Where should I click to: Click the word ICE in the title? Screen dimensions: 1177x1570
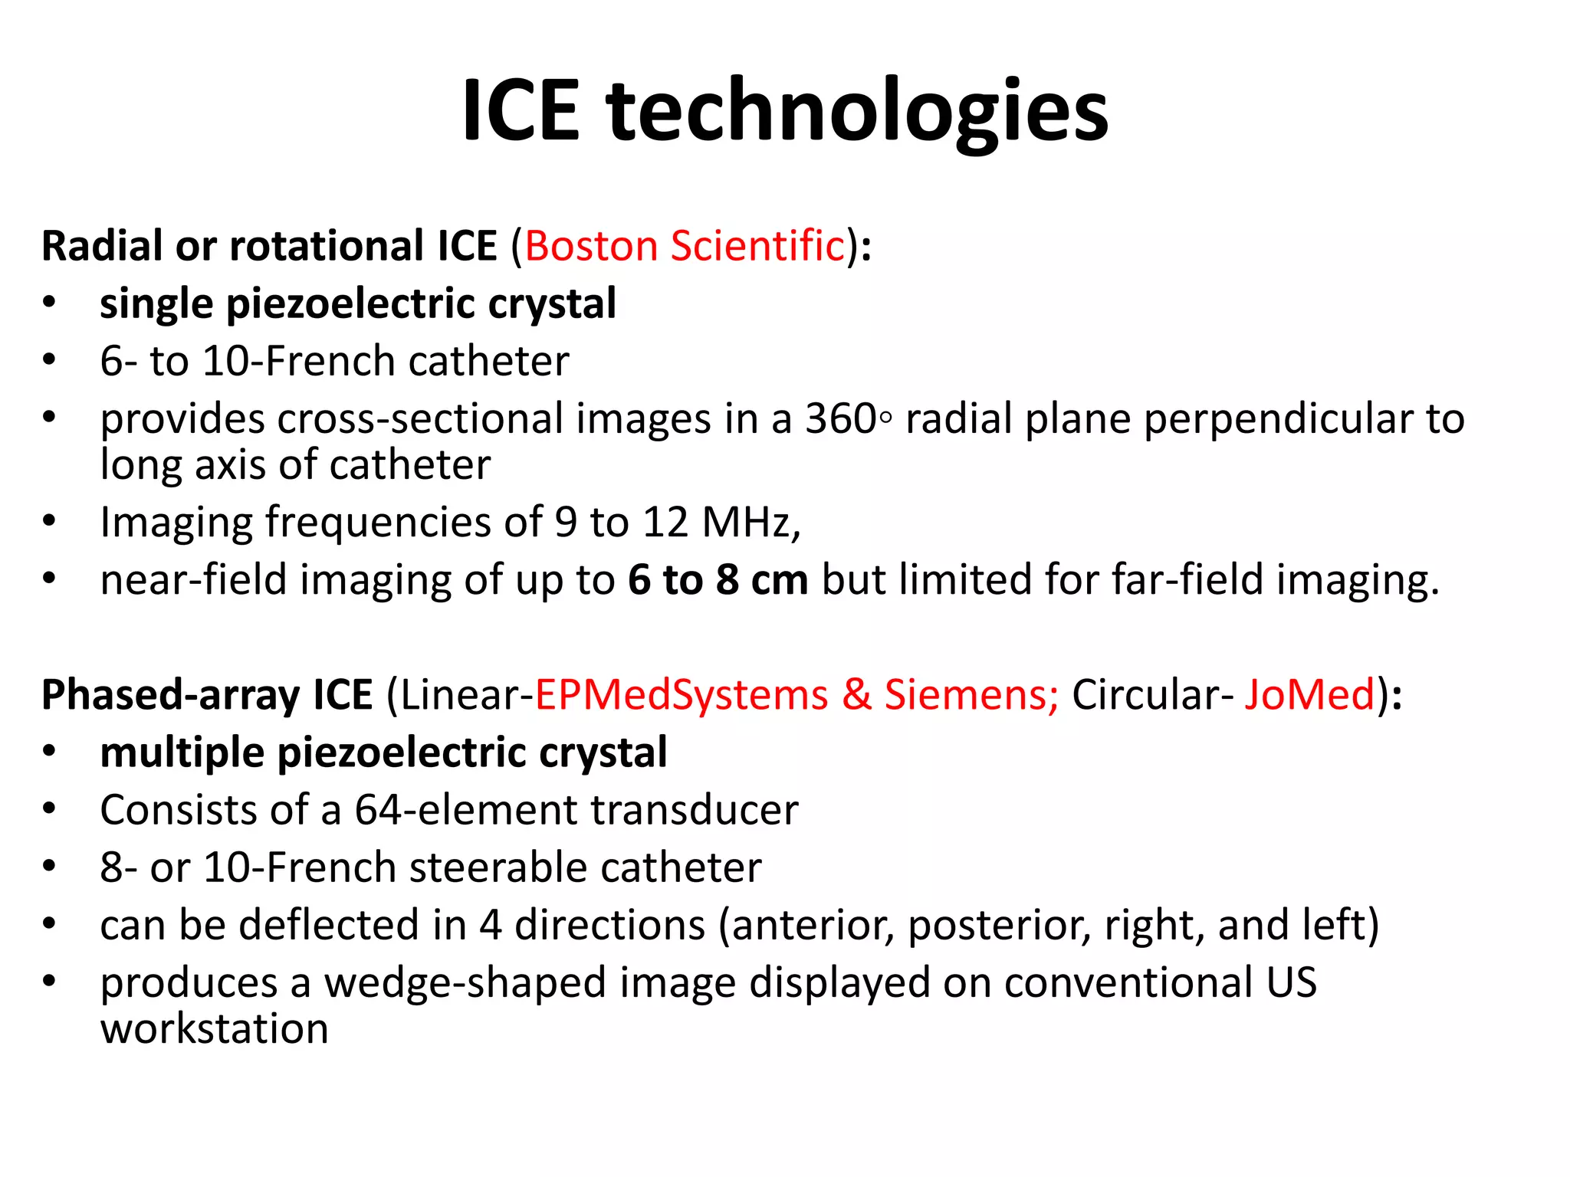point(521,111)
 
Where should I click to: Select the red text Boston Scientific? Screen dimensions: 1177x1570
point(685,246)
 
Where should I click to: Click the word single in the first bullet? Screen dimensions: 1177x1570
point(156,304)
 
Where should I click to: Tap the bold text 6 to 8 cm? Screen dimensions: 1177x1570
point(718,580)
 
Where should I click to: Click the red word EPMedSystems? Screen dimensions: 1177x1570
point(681,695)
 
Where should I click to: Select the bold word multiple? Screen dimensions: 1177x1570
point(182,753)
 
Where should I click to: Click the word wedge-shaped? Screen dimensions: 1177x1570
point(465,984)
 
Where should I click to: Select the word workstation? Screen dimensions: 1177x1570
point(214,1029)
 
